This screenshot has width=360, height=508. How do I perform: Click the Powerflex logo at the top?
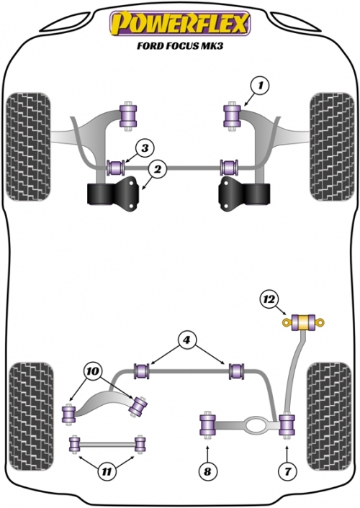pos(180,23)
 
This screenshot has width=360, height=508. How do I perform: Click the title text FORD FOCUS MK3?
pos(180,45)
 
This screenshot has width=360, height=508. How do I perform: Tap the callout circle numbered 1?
pos(260,86)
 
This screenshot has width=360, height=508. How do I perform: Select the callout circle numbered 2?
pos(157,169)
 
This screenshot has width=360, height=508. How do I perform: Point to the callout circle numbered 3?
pos(145,148)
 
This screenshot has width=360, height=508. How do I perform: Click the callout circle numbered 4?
pos(186,340)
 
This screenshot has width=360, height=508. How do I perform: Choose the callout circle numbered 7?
pos(288,471)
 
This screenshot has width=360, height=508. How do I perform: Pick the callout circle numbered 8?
pos(207,471)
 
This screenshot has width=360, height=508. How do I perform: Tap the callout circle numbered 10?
pos(92,371)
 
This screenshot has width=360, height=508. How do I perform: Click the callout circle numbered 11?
pos(107,471)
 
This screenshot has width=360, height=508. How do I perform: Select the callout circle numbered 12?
pos(269,300)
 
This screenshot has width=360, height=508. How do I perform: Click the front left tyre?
pos(29,147)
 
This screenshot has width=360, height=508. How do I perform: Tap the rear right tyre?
pos(329,417)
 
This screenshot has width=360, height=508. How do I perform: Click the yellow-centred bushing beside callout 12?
pos(304,322)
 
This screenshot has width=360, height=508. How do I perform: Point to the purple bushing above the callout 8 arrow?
pos(207,425)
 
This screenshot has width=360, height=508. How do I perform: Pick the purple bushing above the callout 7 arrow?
pos(287,425)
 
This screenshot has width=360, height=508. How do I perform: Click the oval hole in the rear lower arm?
pos(256,425)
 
